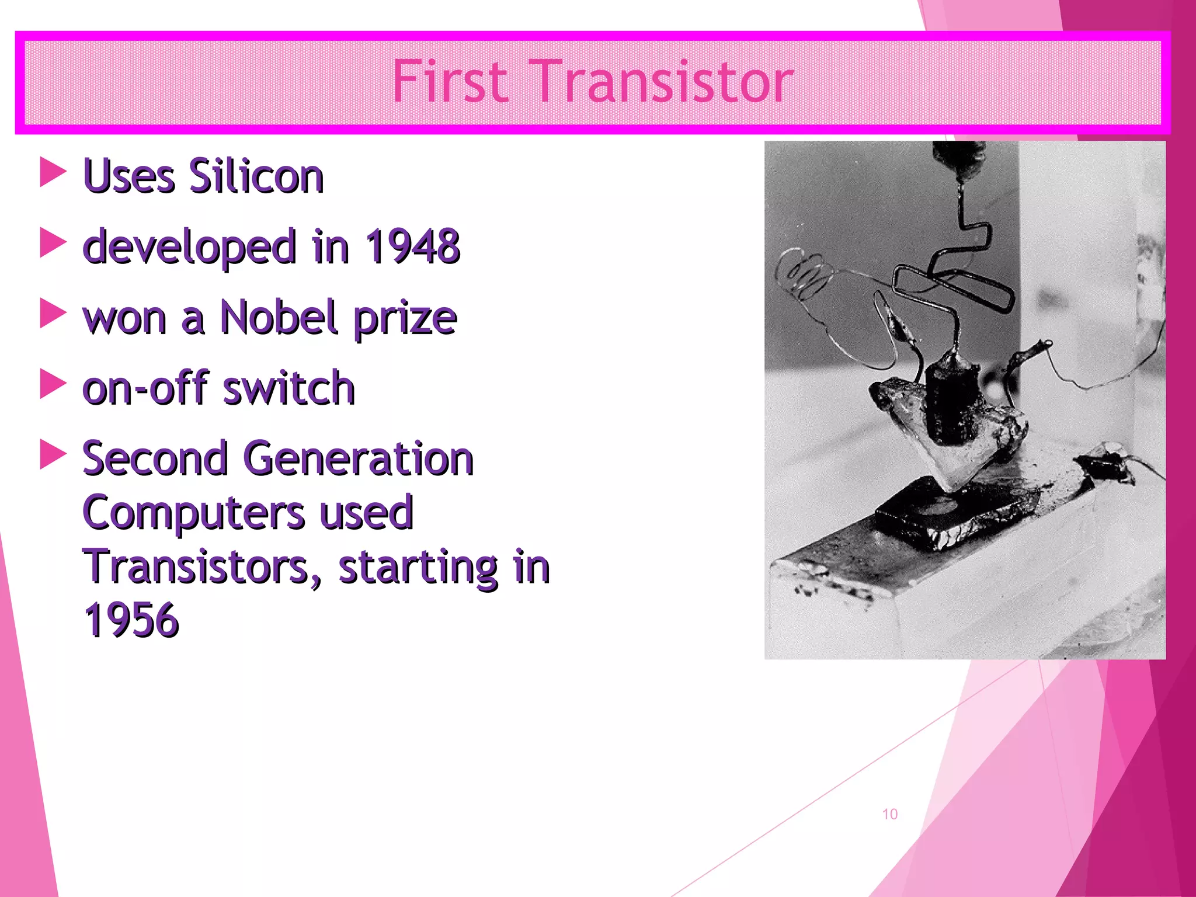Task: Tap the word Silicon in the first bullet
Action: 256,176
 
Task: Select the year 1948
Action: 412,246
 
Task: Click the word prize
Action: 405,319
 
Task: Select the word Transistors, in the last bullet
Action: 203,567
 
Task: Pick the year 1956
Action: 131,620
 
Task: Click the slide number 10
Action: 889,814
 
